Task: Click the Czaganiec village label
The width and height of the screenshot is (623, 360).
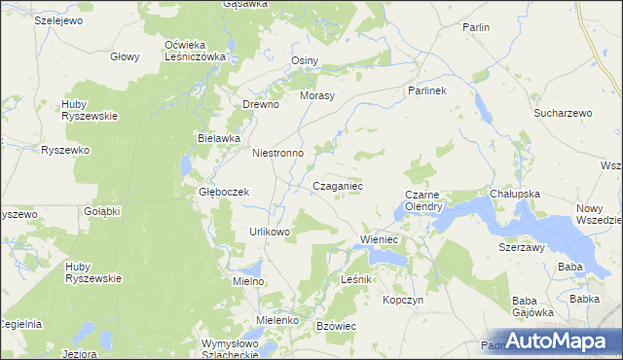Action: (x=338, y=185)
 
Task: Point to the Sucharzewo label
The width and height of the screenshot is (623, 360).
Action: (x=563, y=113)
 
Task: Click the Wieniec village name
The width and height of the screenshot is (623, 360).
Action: (x=382, y=238)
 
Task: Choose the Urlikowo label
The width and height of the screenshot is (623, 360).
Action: (x=270, y=232)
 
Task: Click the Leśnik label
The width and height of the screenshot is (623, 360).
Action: (x=357, y=279)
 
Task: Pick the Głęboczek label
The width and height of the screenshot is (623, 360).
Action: (x=224, y=192)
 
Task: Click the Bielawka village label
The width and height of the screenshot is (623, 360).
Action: (x=218, y=138)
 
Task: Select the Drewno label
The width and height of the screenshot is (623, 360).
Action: (x=261, y=104)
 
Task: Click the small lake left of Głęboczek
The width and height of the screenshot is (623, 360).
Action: (x=186, y=166)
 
